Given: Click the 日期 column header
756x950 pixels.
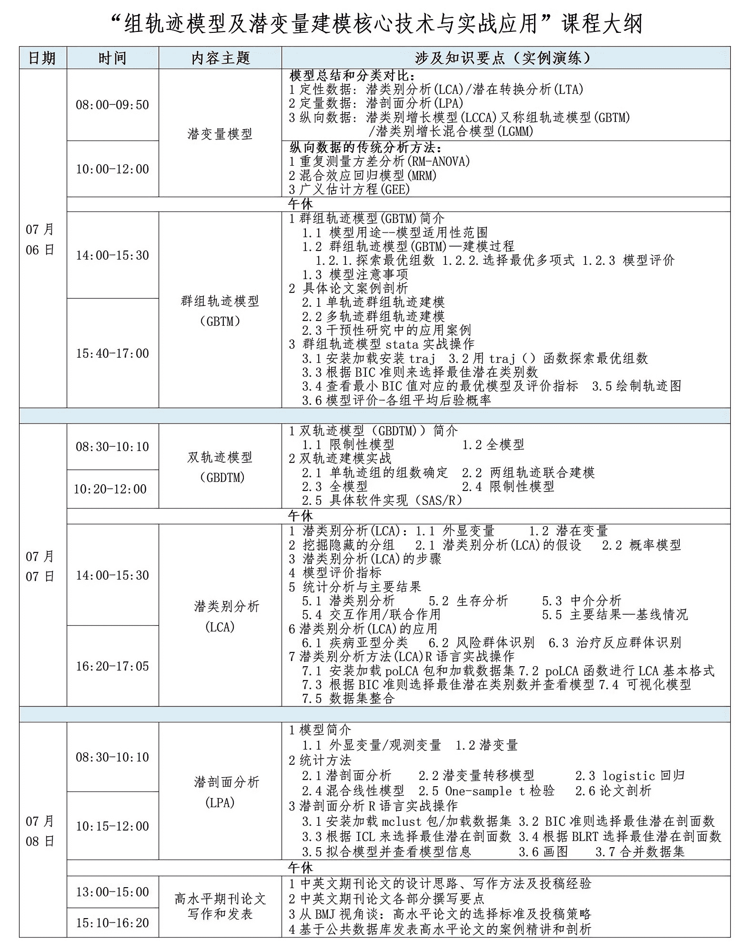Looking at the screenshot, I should pyautogui.click(x=42, y=58).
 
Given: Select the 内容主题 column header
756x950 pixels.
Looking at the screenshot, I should pyautogui.click(x=220, y=58).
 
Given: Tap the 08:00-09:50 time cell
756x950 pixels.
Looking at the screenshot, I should pyautogui.click(x=112, y=105).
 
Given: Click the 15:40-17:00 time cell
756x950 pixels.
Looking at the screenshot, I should pyautogui.click(x=112, y=353).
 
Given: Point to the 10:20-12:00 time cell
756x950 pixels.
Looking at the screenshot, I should pyautogui.click(x=110, y=489).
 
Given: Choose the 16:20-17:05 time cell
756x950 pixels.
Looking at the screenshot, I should pyautogui.click(x=112, y=666).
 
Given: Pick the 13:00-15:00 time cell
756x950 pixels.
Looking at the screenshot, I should pyautogui.click(x=112, y=891).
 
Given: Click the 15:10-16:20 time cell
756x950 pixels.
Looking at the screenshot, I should pyautogui.click(x=112, y=922).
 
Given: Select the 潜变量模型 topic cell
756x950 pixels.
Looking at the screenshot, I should pyautogui.click(x=220, y=134).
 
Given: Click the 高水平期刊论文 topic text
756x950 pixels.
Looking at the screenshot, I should pyautogui.click(x=220, y=899).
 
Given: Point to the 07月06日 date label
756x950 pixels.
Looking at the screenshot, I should pyautogui.click(x=40, y=240).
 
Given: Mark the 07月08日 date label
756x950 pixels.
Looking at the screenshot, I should pyautogui.click(x=40, y=831).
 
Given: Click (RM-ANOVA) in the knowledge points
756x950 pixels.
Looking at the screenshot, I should pyautogui.click(x=437, y=161).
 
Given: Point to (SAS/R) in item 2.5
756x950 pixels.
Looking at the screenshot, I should pyautogui.click(x=438, y=500).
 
